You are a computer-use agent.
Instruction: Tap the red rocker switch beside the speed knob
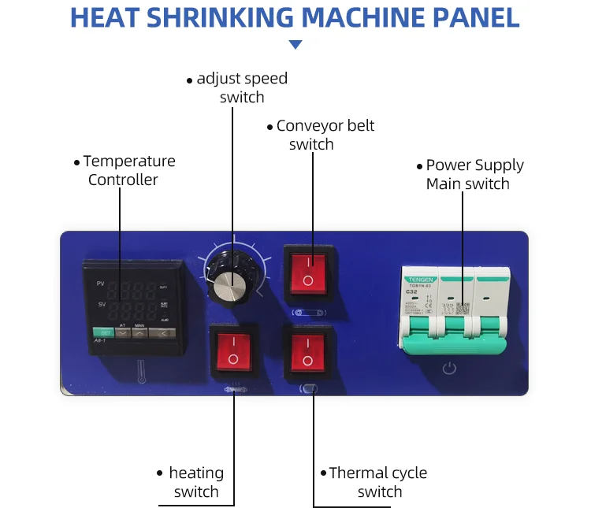(x=307, y=273)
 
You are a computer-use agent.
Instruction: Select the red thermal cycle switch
(x=307, y=352)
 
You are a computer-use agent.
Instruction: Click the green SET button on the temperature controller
(x=102, y=332)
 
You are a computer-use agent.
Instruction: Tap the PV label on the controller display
(x=100, y=283)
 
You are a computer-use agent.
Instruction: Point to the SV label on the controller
(x=100, y=303)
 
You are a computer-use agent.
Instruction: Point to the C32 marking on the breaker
(x=411, y=291)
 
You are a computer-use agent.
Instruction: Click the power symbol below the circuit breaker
(x=448, y=368)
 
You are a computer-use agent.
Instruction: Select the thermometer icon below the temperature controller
(x=142, y=369)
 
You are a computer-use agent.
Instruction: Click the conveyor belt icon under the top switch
(x=307, y=313)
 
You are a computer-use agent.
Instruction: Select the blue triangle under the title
(x=295, y=45)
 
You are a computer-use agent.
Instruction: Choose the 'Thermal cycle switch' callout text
(x=377, y=482)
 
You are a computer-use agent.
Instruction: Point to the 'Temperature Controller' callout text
(x=128, y=170)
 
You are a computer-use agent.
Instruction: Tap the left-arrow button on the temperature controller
(x=162, y=332)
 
